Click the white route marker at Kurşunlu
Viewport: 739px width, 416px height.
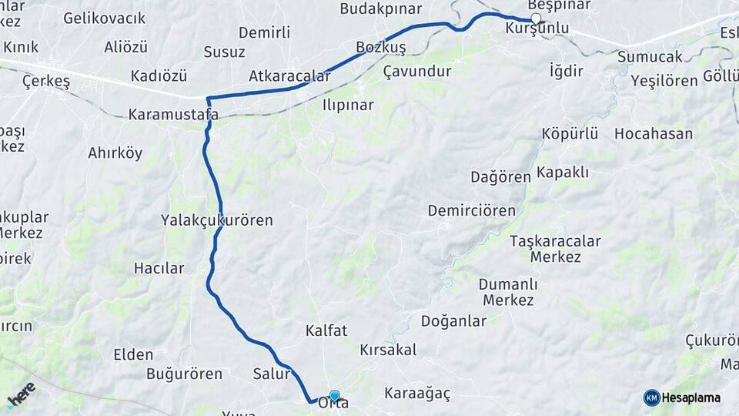click(536, 19)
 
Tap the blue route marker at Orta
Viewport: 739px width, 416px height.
click(334, 395)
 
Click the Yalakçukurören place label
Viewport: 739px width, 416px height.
click(217, 220)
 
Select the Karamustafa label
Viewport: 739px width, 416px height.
click(173, 115)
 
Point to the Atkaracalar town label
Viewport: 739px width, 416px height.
click(289, 76)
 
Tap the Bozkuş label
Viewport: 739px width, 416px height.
click(380, 48)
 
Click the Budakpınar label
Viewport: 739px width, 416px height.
click(381, 9)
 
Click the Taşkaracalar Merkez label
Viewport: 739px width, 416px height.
click(555, 249)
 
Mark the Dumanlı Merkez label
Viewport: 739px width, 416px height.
click(507, 292)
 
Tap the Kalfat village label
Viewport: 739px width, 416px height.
click(326, 330)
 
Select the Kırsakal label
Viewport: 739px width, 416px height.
click(388, 350)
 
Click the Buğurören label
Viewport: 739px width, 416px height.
click(184, 374)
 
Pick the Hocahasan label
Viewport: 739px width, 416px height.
click(653, 134)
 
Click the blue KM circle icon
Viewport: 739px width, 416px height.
click(651, 398)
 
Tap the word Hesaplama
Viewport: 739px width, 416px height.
click(691, 398)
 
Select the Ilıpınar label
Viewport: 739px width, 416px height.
click(348, 105)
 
